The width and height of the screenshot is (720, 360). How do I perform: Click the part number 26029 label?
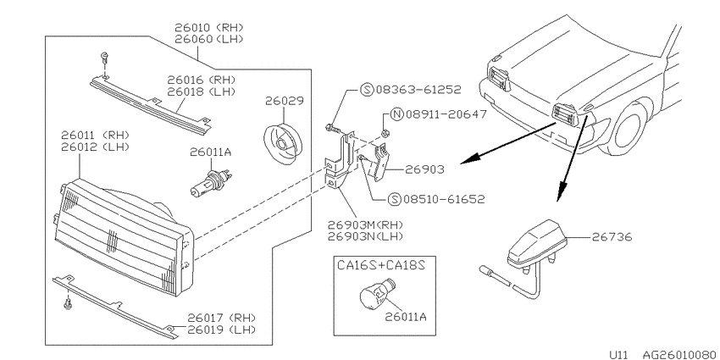point(285,101)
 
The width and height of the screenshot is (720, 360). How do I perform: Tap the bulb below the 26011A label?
point(211,182)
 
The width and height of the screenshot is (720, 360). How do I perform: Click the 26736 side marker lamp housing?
point(537,244)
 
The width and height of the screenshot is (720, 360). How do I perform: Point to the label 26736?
point(612,237)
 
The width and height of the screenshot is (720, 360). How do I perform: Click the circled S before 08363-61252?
point(367,90)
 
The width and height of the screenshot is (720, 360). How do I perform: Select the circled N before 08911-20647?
point(396,114)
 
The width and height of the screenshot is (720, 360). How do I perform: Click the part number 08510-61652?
point(444,199)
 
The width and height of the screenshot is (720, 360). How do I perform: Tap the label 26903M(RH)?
point(366,225)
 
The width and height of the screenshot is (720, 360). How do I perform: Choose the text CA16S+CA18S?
point(381,265)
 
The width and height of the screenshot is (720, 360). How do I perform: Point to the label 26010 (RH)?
point(209,28)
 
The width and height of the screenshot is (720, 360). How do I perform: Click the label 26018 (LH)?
point(201,91)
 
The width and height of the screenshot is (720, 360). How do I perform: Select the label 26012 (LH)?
point(95,147)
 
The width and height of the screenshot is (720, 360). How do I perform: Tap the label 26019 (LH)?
point(221,330)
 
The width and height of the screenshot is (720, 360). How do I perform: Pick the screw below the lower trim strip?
point(69,303)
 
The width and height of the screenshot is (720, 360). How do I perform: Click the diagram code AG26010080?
point(678,355)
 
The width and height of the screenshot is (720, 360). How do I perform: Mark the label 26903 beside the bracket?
point(424,170)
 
